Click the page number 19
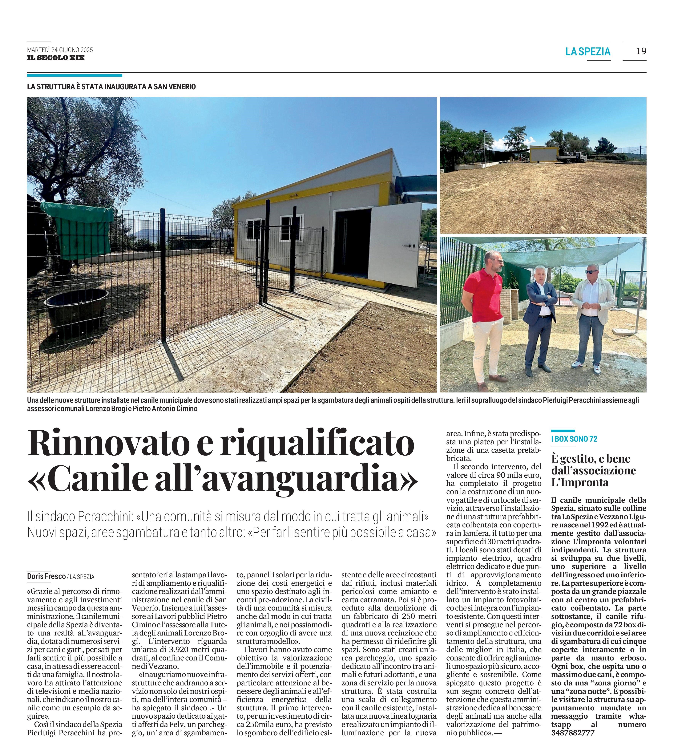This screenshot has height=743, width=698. pyautogui.click(x=641, y=51)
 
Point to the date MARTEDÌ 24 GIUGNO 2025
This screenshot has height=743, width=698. pyautogui.click(x=60, y=50)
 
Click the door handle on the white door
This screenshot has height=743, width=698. pyautogui.click(x=410, y=246)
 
